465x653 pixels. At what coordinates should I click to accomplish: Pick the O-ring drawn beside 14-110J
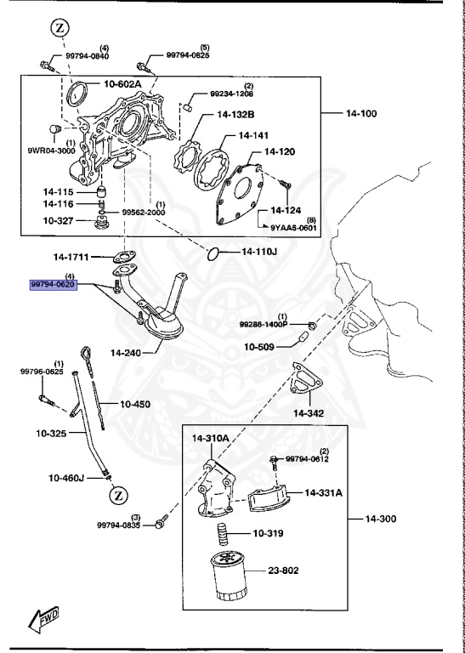point(214,252)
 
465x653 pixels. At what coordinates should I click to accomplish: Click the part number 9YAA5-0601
point(294,227)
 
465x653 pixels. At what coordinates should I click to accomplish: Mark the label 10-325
point(52,434)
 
